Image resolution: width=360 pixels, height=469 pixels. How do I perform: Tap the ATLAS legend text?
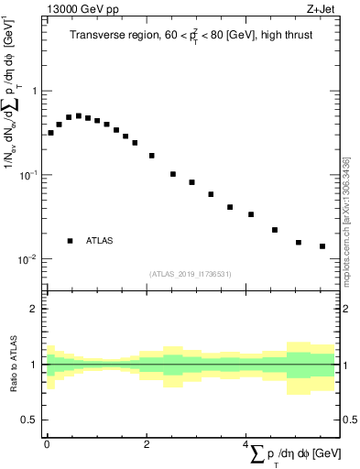100,241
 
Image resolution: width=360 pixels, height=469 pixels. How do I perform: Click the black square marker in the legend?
71,241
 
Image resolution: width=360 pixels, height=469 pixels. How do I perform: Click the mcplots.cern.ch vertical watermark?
345,220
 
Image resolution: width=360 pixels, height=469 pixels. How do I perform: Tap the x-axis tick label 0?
47,443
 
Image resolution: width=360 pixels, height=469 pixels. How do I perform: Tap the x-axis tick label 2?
147,443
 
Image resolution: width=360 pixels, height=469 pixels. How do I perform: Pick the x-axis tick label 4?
245,443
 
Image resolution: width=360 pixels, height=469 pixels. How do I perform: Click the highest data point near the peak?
79,116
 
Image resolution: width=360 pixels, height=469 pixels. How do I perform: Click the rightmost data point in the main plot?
322,246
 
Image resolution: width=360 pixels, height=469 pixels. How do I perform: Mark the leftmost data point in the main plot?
50,133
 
